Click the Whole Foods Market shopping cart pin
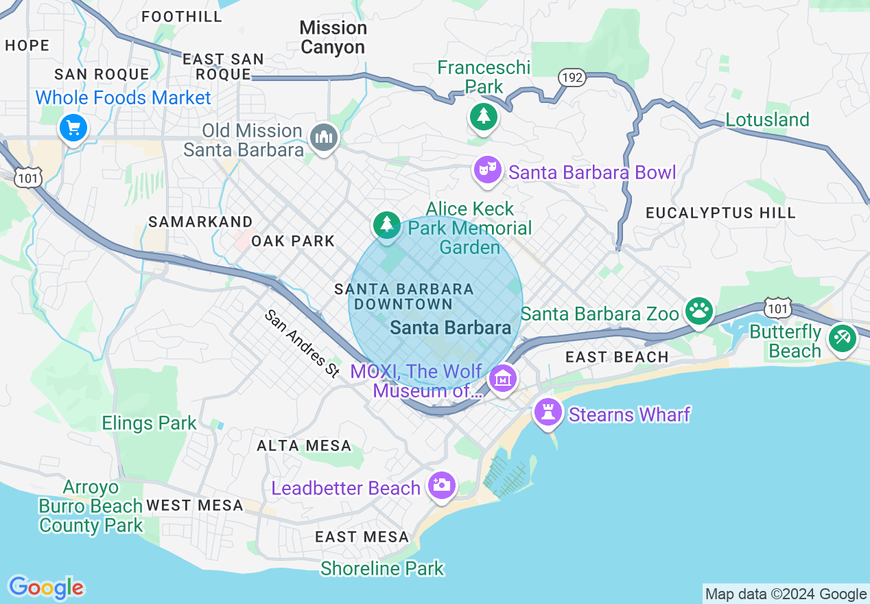73,128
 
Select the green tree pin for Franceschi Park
484,117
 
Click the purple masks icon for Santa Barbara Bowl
488,170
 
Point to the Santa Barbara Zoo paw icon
698,311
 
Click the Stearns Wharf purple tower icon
548,412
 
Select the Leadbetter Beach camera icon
440,485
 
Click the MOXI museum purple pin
503,377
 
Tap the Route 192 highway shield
572,78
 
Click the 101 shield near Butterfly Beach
778,308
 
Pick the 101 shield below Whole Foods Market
28,177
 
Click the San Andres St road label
303,343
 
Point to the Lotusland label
767,119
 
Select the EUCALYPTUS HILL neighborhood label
720,213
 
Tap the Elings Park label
149,423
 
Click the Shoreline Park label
382,568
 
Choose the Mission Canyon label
333,38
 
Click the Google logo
46,588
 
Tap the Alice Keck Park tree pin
386,224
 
